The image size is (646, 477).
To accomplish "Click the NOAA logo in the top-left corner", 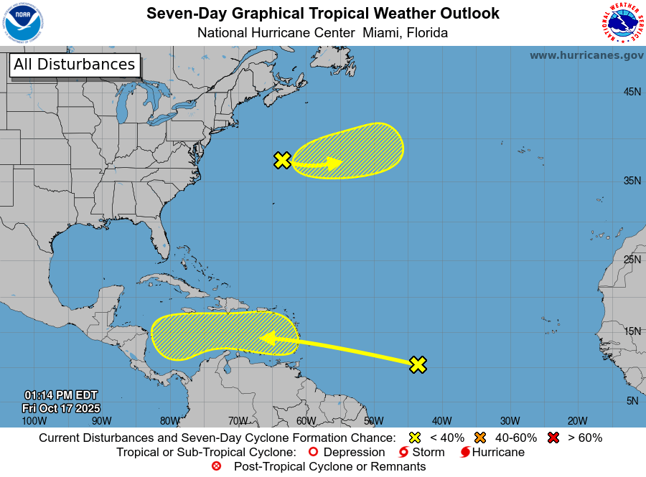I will [x=23, y=23].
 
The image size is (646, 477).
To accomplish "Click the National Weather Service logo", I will [x=622, y=23].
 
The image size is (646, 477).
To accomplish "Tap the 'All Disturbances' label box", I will [x=74, y=65].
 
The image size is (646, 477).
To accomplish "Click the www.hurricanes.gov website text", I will [x=586, y=55].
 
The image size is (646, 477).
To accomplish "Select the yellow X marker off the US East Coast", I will [x=283, y=161].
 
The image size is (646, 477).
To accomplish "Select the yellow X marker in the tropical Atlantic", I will [x=418, y=364].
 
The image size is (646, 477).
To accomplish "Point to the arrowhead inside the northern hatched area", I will [x=336, y=163].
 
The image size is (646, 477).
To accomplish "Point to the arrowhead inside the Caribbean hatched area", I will [x=267, y=338].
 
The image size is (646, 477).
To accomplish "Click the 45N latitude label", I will [x=632, y=92].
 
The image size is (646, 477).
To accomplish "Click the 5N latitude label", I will [x=632, y=401].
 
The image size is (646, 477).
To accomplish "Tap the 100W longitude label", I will [x=34, y=421].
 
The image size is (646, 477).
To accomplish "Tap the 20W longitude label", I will [x=577, y=421].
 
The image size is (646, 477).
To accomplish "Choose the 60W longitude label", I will [x=305, y=421].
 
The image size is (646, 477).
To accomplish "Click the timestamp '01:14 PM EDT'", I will [x=61, y=395].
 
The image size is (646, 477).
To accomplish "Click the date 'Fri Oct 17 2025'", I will [x=61, y=407].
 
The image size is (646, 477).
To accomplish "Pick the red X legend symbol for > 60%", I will [x=553, y=438].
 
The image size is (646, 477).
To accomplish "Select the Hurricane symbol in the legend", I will [x=466, y=453].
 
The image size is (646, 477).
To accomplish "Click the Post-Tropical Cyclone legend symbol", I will [x=217, y=467].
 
